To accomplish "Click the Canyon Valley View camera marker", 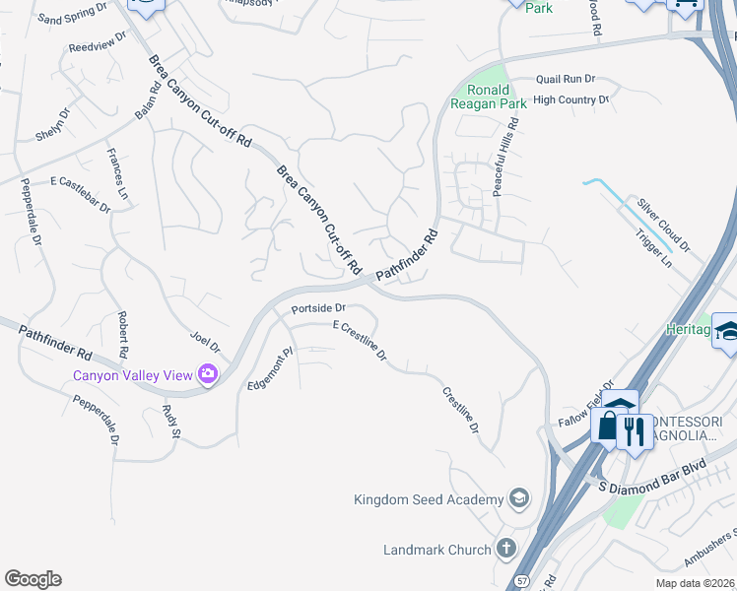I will click(x=207, y=373).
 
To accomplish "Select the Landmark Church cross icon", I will click(x=505, y=549).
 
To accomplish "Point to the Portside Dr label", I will click(x=316, y=308).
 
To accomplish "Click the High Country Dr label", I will click(x=570, y=99).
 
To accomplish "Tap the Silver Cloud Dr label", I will click(x=663, y=224).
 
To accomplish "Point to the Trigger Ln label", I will click(x=653, y=249).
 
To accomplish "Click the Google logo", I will click(x=33, y=579).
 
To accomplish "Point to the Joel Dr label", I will click(x=205, y=342).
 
